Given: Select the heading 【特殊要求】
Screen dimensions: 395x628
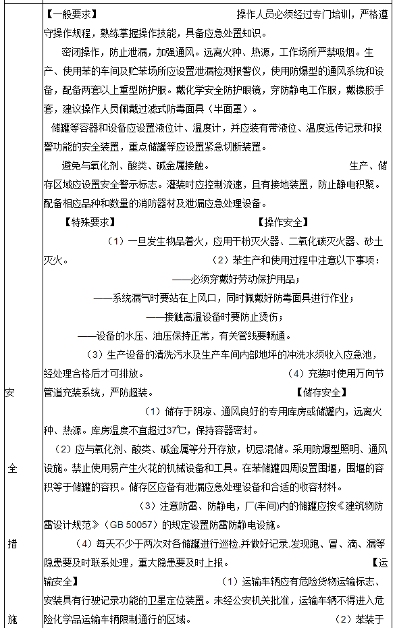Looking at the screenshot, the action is pos(88,221).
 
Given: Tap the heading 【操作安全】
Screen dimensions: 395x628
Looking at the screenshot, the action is pos(283,221).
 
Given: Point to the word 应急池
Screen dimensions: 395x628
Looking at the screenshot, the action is pos(369,354).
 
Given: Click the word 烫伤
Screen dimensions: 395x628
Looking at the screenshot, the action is pos(269,316).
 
